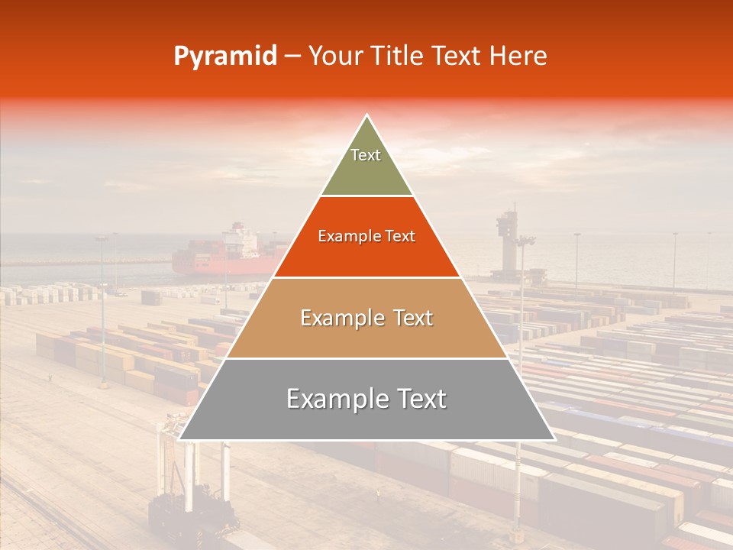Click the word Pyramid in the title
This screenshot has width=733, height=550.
point(225,57)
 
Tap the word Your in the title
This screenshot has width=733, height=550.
point(333,56)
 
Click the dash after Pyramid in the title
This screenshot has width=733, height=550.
point(292,57)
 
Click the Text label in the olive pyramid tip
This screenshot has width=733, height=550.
point(366,155)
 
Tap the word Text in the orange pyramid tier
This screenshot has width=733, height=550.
point(400,236)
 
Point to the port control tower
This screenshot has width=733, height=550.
point(506,229)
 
